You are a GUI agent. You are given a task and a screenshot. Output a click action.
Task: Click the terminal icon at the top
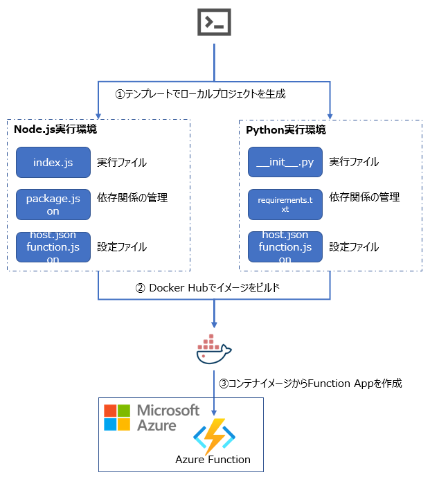215,23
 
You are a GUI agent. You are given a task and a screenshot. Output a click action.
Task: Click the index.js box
53,163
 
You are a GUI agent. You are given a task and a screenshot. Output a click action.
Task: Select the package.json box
53,205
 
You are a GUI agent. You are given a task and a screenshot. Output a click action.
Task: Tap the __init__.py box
285,163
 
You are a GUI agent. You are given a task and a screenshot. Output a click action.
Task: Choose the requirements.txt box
285,204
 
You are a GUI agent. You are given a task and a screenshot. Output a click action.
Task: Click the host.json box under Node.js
53,246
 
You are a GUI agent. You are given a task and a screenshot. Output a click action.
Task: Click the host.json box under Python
285,246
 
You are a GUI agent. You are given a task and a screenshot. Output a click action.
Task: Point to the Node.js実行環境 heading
55,129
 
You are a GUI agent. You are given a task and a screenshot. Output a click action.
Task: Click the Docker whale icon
213,350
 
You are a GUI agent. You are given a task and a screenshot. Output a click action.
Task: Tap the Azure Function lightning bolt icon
214,435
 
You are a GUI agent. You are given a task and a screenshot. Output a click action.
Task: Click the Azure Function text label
213,459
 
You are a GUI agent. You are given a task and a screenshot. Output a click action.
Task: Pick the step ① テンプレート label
200,93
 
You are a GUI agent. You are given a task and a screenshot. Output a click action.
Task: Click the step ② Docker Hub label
214,288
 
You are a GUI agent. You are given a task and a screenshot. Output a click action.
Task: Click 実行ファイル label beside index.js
122,163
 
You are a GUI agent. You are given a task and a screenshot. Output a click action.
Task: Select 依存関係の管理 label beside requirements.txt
364,197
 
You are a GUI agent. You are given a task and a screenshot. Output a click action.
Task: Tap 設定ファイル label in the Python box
354,246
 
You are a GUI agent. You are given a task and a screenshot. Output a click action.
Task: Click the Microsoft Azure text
167,417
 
